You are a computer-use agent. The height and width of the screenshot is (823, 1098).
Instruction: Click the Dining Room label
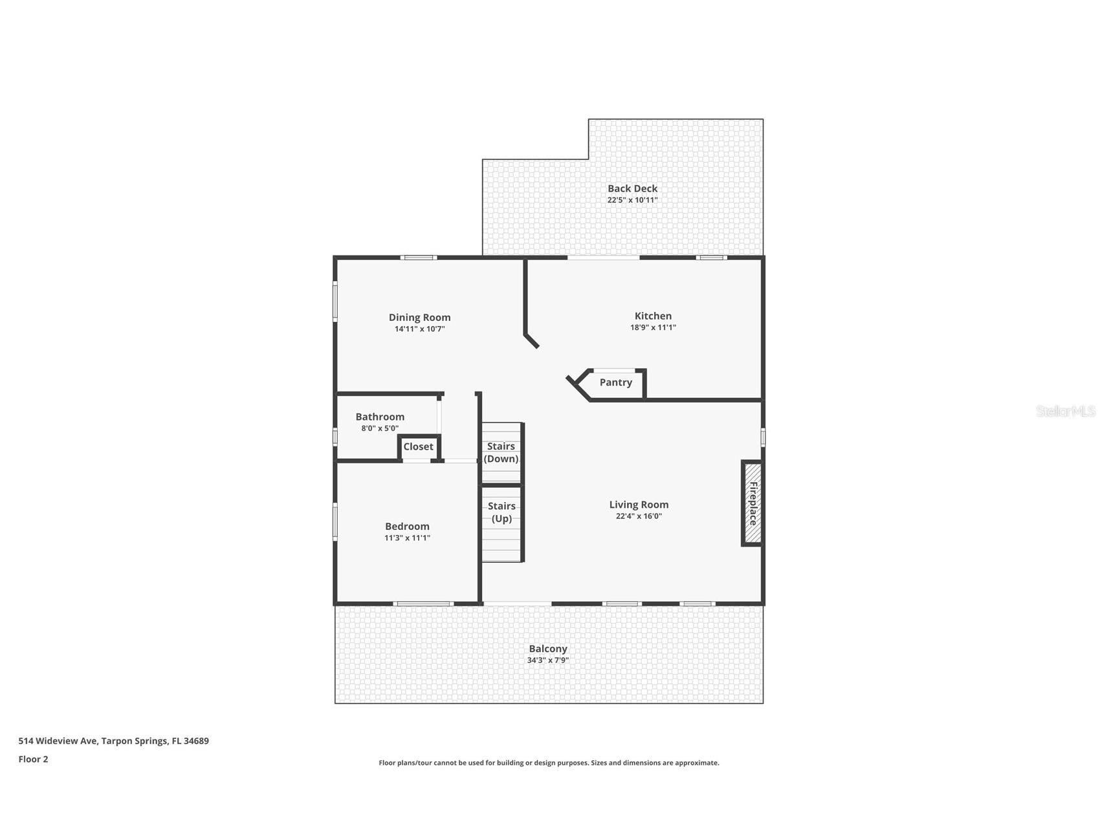click(x=419, y=317)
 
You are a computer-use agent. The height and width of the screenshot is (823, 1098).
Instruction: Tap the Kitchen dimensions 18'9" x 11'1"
click(x=653, y=327)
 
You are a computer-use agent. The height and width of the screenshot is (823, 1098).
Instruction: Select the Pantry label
click(x=615, y=382)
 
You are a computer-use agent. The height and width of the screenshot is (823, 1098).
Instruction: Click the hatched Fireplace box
click(x=752, y=503)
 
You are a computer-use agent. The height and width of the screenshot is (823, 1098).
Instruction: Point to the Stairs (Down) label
click(x=501, y=452)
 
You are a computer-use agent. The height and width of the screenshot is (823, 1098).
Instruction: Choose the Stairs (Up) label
click(x=501, y=512)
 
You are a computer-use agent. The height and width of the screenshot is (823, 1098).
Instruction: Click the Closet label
click(x=418, y=446)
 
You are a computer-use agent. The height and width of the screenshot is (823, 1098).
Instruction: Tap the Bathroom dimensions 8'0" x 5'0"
click(x=380, y=428)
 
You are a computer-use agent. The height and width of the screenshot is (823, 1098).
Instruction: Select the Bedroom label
click(x=407, y=526)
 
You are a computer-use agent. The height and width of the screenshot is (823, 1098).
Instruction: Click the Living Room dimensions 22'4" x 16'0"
click(x=639, y=516)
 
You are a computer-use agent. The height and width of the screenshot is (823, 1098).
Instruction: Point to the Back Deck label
click(x=632, y=188)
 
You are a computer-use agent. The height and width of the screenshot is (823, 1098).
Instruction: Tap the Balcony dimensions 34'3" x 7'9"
click(x=547, y=660)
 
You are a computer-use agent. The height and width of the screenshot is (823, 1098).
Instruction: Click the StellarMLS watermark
click(x=1065, y=411)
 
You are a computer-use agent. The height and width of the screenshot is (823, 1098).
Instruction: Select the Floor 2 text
click(x=33, y=759)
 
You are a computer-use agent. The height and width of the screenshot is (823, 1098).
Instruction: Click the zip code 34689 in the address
click(x=196, y=741)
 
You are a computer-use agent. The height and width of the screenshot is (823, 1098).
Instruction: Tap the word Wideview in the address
click(x=56, y=741)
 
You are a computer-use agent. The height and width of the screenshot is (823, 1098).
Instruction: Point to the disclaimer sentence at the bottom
click(x=549, y=763)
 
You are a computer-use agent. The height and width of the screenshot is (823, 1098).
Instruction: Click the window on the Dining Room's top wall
click(x=419, y=258)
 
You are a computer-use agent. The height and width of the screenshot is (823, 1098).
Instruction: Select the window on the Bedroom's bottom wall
click(x=423, y=604)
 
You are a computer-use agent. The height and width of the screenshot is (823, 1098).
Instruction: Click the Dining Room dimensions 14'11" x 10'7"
click(x=419, y=329)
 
